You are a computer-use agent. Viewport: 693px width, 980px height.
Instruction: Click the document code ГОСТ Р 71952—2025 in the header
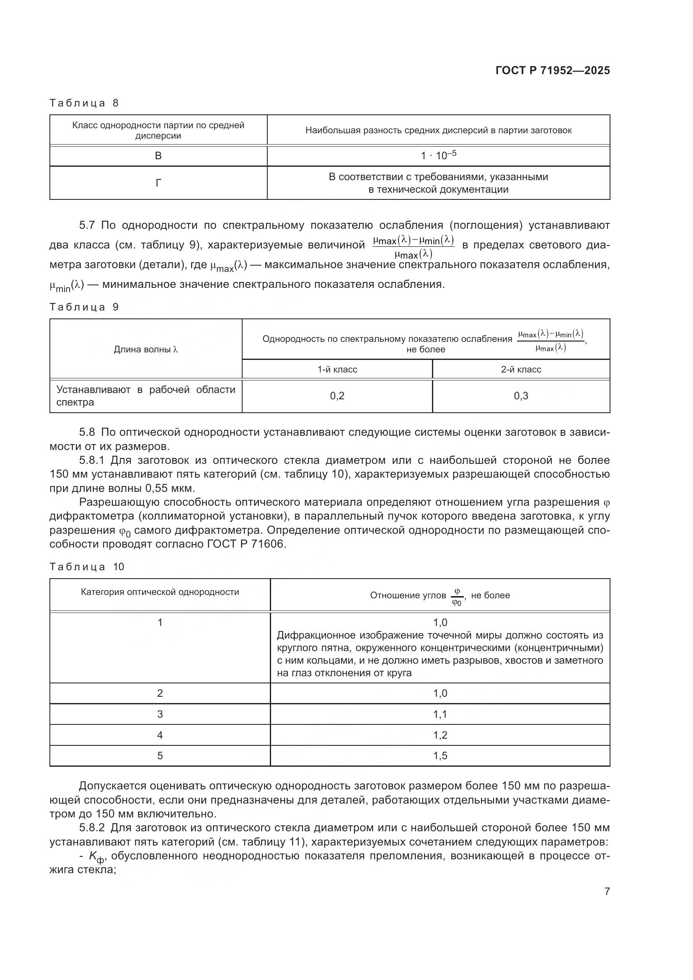(x=553, y=71)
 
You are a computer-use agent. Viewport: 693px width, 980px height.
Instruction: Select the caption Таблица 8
(x=84, y=103)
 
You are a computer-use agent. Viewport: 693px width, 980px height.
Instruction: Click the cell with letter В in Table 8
(x=158, y=156)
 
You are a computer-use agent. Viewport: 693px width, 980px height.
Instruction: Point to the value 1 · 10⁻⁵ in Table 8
(x=438, y=155)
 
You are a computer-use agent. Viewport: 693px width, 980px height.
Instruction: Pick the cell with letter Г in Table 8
(x=158, y=183)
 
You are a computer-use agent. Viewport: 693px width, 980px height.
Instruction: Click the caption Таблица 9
(x=84, y=307)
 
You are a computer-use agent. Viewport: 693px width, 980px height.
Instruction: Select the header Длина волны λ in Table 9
(x=145, y=349)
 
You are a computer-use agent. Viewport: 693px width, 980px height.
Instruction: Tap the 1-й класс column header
(x=337, y=370)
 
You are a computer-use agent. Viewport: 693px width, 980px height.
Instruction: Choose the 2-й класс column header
(x=521, y=370)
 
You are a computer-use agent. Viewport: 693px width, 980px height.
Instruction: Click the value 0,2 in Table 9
(x=337, y=396)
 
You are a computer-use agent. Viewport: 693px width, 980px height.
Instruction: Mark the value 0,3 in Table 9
(x=521, y=396)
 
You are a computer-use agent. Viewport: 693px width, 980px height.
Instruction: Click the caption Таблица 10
(x=87, y=567)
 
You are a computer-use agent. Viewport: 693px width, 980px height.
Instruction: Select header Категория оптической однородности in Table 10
(x=160, y=592)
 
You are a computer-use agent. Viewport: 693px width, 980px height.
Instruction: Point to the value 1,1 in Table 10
(x=440, y=714)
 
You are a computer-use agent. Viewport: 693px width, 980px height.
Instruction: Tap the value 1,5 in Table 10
(x=440, y=756)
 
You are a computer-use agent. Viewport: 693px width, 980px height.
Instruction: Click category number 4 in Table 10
(x=160, y=735)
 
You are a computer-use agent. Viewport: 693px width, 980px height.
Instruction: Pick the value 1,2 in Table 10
(x=440, y=735)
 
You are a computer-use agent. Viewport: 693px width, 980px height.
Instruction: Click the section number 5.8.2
(x=92, y=828)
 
